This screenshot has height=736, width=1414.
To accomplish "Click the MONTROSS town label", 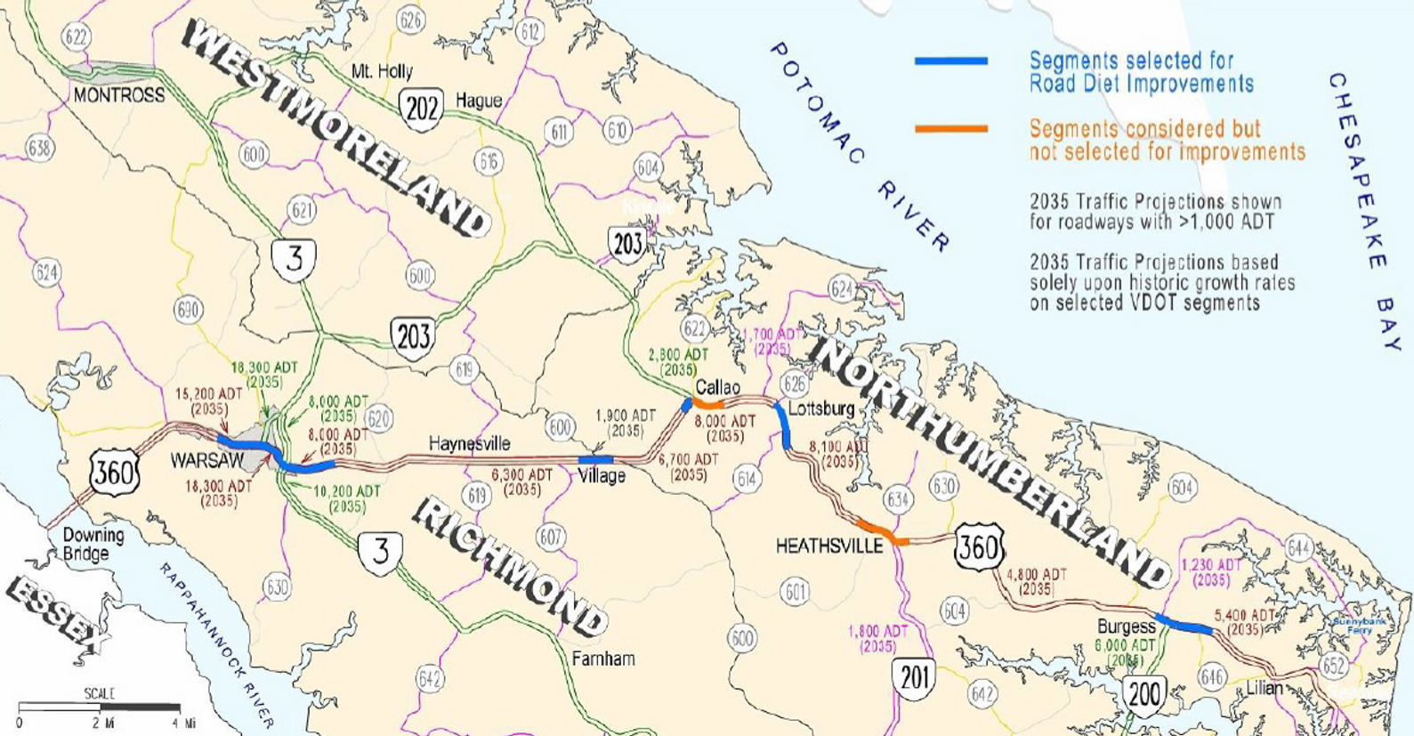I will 118,95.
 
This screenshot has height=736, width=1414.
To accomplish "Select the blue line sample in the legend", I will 951,61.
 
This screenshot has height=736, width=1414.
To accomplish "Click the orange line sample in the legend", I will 951,129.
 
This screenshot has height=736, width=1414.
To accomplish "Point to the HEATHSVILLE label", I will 828,546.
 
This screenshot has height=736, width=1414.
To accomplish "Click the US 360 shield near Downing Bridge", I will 114,472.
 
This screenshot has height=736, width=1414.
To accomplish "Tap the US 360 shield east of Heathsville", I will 980,546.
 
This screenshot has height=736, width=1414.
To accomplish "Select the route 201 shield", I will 915,678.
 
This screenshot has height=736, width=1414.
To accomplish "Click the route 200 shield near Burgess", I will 1143,693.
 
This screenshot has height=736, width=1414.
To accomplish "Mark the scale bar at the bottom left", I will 100,708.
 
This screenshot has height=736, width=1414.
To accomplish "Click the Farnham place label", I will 603,659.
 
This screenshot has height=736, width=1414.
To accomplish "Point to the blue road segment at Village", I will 595,459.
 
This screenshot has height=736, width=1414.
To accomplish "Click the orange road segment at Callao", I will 708,405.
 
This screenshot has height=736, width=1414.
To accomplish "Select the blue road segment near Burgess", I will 1183,624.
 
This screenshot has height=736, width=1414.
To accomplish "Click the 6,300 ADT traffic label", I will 521,482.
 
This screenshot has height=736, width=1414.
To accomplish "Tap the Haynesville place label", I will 469,443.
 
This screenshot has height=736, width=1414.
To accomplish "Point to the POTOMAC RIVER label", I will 859,147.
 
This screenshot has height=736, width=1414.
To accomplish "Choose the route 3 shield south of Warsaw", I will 380,552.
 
